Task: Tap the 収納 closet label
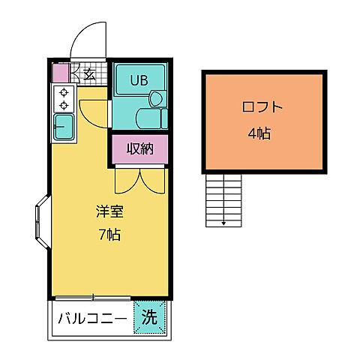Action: coord(139,148)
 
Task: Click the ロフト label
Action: coord(262,106)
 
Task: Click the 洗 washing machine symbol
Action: coord(149,316)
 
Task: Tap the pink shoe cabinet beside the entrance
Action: coord(60,73)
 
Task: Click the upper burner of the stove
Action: coord(64,92)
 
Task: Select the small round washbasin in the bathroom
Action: coord(155,99)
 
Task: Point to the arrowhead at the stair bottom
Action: coord(223,223)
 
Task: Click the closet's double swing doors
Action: coord(139,180)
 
